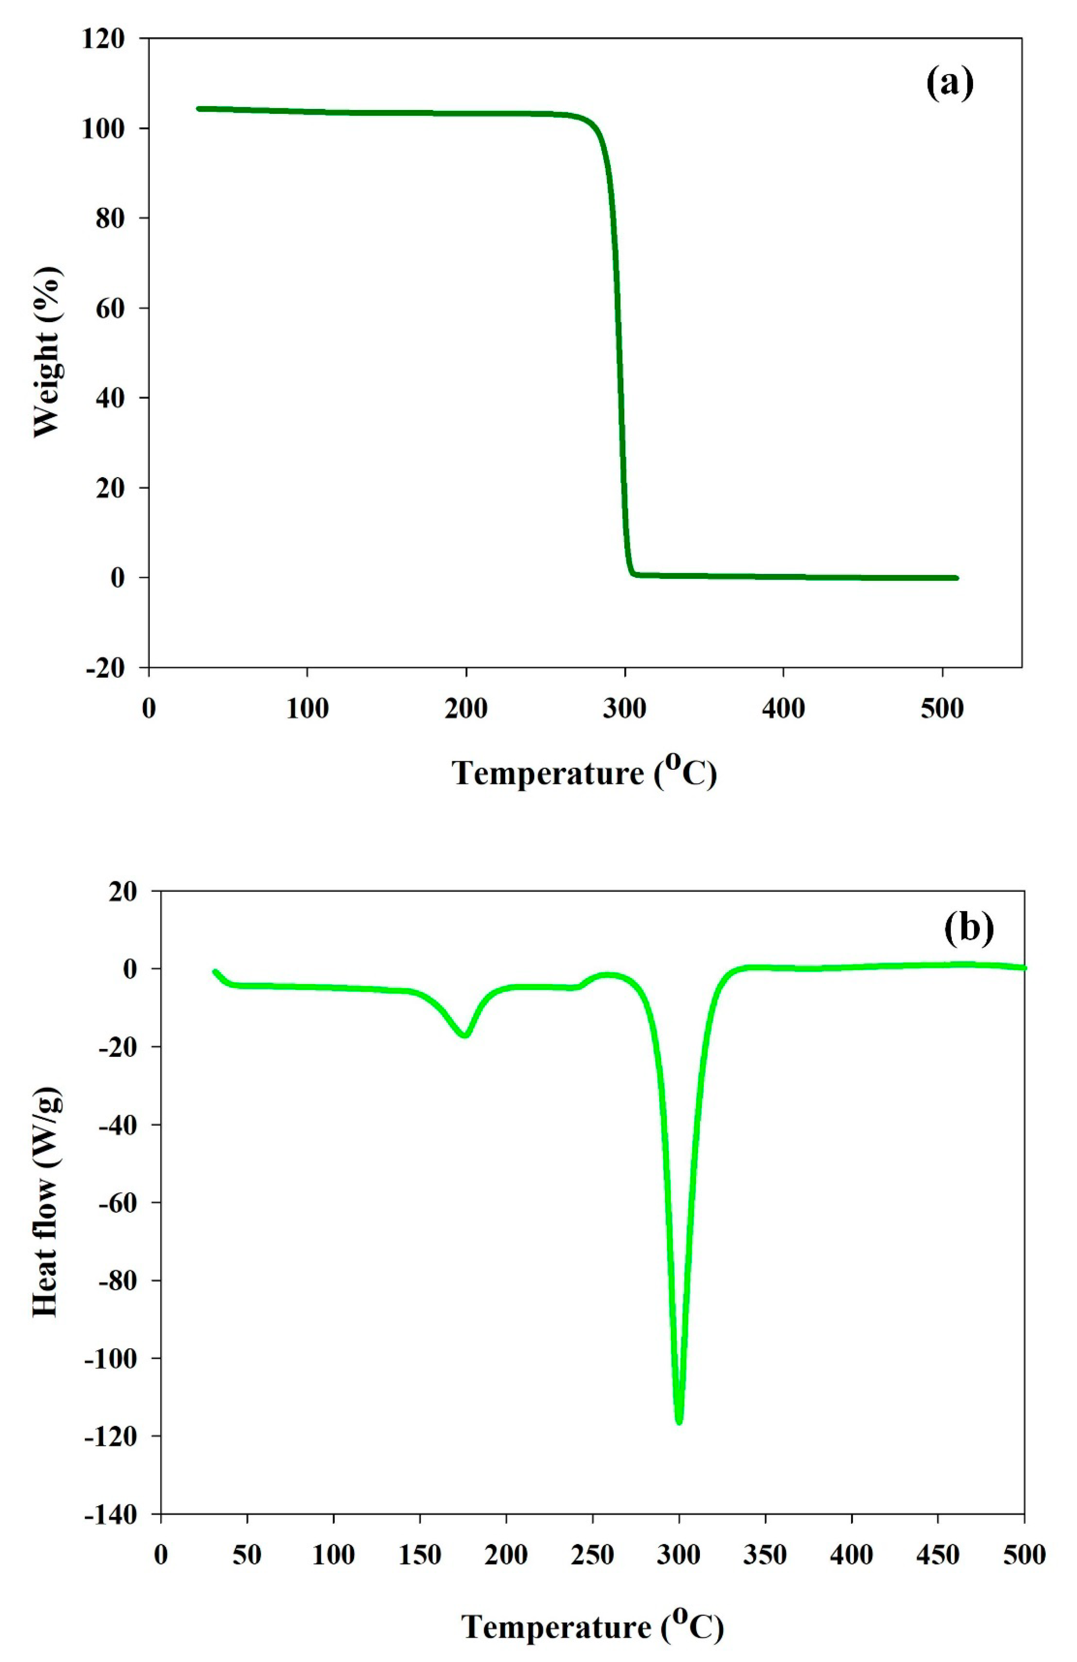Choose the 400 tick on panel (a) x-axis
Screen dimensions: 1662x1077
click(783, 709)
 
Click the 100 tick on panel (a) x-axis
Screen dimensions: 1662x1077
click(307, 709)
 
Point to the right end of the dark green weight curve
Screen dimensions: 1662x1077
click(955, 578)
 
